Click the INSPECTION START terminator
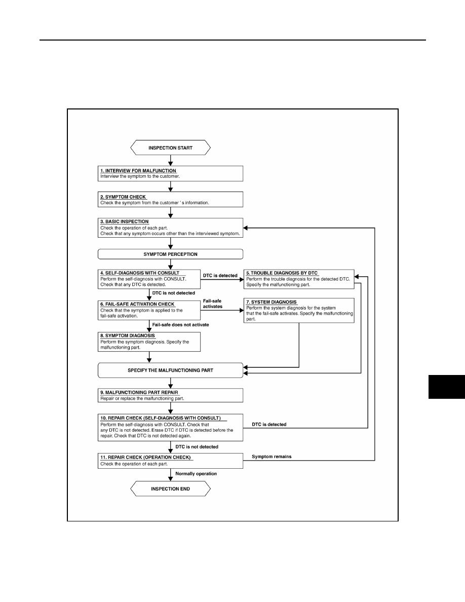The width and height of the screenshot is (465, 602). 170,148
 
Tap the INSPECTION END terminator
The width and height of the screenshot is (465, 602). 170,488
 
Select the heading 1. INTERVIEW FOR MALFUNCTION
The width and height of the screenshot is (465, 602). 138,171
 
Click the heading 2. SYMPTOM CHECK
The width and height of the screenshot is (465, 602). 123,197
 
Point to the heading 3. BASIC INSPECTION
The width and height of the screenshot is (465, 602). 124,221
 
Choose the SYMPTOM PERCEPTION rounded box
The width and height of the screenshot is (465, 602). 170,254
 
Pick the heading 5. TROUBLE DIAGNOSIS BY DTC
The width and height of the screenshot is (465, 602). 282,273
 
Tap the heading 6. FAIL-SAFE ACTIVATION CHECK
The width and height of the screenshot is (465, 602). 137,304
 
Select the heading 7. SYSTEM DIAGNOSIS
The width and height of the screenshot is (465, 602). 272,302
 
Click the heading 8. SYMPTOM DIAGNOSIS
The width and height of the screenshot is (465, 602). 127,335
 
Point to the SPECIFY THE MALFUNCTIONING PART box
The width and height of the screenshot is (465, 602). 170,370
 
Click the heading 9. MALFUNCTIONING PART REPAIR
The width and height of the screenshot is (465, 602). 139,393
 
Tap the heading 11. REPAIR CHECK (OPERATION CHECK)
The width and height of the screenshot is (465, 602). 145,458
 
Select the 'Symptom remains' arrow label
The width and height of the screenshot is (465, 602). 272,457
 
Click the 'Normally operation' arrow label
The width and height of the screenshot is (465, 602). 196,474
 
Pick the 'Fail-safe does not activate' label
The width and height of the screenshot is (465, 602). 181,325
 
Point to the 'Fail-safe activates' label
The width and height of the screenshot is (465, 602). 213,304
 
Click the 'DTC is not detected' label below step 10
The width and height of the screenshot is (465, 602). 197,447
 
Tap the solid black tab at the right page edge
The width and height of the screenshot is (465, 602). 447,387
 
